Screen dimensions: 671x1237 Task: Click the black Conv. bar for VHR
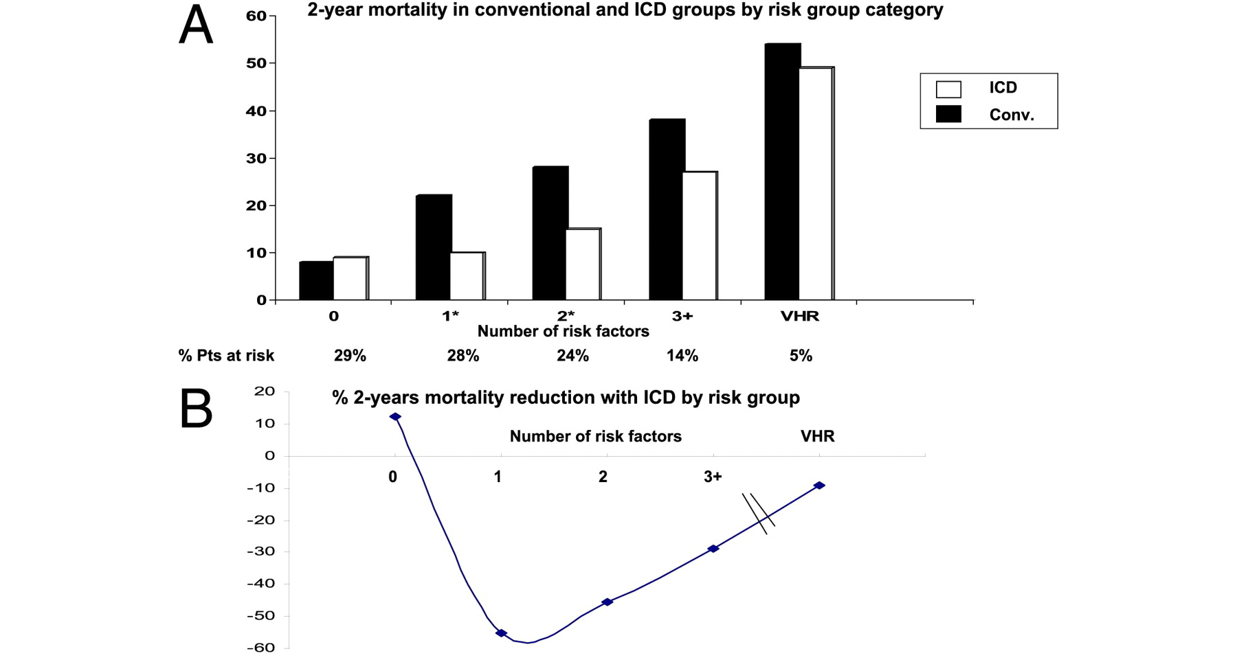(782, 172)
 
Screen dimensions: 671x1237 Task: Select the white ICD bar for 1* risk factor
(467, 276)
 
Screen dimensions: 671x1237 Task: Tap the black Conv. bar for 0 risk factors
(316, 281)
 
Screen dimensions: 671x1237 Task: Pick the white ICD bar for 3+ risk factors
(700, 236)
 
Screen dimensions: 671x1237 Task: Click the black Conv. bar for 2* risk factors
(550, 234)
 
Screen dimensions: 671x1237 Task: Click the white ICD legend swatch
(948, 89)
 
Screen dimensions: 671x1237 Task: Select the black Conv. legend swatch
(948, 115)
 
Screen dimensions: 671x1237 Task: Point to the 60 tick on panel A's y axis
(256, 16)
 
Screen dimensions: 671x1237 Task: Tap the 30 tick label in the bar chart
(256, 158)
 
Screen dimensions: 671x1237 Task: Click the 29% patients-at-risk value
(350, 356)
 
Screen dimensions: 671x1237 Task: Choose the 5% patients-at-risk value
(801, 356)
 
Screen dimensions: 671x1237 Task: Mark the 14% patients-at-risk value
(682, 356)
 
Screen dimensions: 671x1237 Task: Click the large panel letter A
(196, 26)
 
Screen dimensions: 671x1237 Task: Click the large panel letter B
(196, 409)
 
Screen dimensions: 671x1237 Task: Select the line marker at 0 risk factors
(395, 417)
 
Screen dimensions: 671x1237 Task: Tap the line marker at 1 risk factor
(502, 633)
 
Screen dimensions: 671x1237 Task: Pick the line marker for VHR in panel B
(819, 486)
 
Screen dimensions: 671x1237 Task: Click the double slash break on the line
(759, 514)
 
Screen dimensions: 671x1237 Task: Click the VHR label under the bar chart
(800, 317)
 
